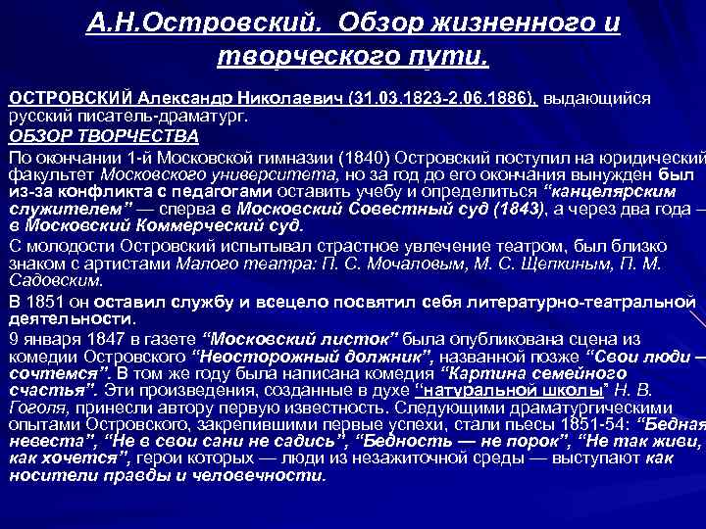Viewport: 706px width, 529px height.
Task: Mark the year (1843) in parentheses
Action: click(509, 209)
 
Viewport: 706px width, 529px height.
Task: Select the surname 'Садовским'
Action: click(56, 279)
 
